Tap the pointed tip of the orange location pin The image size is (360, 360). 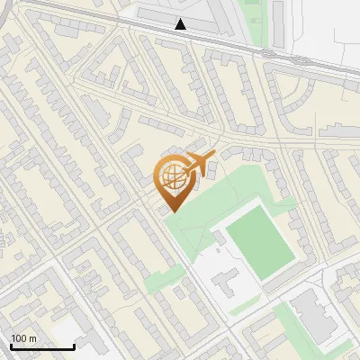point(171,211)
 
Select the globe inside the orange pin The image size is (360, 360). point(172,177)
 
